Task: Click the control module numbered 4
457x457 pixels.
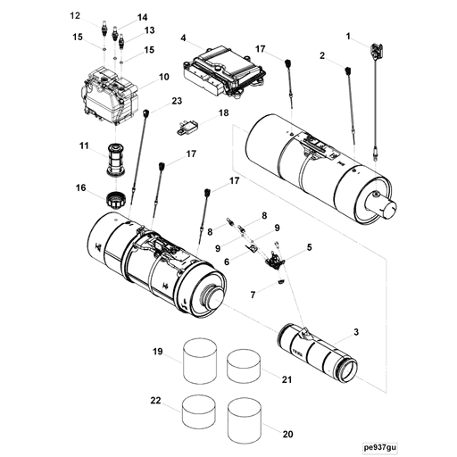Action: [x=224, y=71]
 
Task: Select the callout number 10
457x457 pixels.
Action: [x=163, y=77]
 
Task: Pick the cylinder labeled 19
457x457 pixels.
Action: [x=200, y=360]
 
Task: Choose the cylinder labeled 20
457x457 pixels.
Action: [x=245, y=415]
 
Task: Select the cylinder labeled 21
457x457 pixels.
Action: [x=244, y=366]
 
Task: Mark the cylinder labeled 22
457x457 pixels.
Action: [x=198, y=411]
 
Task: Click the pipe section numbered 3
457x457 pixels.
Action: [x=317, y=353]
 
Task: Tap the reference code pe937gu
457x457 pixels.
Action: [x=379, y=447]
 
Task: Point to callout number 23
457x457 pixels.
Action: [x=177, y=102]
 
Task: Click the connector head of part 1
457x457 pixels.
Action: [x=377, y=51]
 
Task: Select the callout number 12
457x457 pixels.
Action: [x=75, y=16]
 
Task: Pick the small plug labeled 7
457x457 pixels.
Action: [x=281, y=281]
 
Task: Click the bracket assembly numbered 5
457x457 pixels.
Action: [x=275, y=259]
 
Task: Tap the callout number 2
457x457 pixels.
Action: [x=322, y=55]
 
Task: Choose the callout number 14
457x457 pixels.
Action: [x=142, y=18]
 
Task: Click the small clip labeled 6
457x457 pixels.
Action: [x=252, y=248]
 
